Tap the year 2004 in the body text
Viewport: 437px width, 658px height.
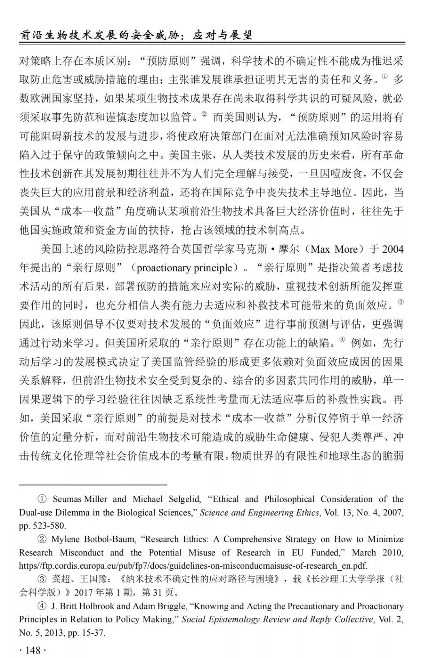tap(392, 249)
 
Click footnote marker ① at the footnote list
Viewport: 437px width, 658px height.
tap(42, 499)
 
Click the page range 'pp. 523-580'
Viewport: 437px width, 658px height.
tap(42, 526)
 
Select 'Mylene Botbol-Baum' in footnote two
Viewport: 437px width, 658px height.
tap(93, 539)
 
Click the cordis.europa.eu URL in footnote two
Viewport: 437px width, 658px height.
tap(193, 565)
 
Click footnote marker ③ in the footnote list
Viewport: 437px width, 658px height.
tap(42, 579)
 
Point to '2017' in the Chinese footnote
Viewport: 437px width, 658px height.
tap(83, 592)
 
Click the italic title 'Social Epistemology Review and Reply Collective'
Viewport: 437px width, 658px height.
tap(277, 619)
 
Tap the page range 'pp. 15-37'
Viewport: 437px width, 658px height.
tap(86, 633)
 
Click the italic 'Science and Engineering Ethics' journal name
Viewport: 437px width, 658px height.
tap(259, 512)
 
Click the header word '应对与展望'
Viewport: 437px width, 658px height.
tap(222, 35)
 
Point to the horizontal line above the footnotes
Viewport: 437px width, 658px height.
tap(93, 484)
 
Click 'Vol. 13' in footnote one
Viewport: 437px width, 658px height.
tap(338, 512)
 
